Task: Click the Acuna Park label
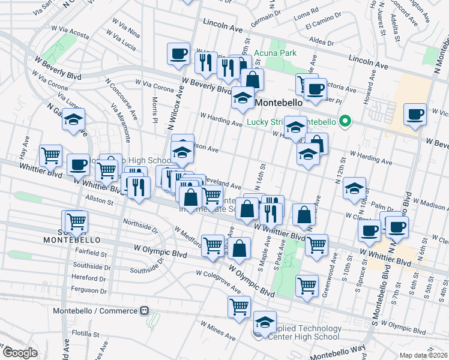275,53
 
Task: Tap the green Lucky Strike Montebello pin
345,122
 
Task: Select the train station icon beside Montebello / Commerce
144,311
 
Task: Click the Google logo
20,353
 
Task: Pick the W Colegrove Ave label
217,281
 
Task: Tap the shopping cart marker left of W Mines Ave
239,307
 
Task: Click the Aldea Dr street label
321,41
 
